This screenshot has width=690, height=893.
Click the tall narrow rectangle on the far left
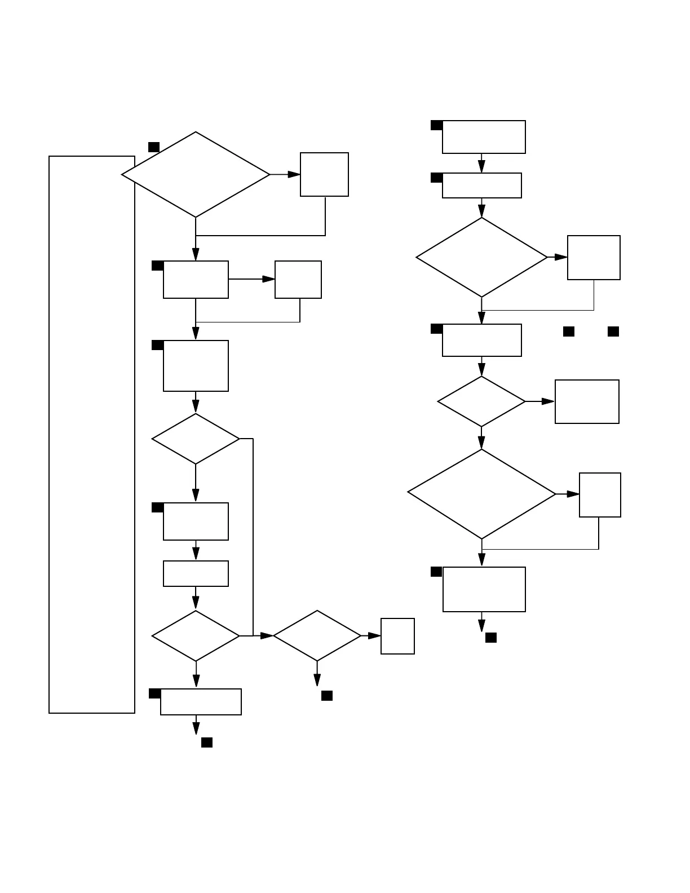click(x=92, y=434)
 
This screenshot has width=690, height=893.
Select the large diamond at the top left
click(x=196, y=175)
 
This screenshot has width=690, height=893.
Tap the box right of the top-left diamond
click(x=324, y=174)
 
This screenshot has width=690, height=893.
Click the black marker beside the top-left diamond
click(x=154, y=147)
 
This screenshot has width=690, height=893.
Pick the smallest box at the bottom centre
click(x=397, y=636)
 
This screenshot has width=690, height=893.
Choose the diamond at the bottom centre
click(x=317, y=635)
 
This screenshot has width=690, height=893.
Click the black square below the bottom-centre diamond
click(x=327, y=696)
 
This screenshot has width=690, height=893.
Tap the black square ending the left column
click(x=207, y=742)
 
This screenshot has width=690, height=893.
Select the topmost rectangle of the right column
click(x=484, y=137)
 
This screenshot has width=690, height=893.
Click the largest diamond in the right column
click(x=481, y=494)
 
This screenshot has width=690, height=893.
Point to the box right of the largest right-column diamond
click(x=600, y=495)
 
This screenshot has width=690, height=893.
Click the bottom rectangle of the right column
click(x=484, y=589)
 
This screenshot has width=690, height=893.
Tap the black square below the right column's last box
click(x=491, y=638)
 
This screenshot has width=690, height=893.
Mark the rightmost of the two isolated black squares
click(x=613, y=331)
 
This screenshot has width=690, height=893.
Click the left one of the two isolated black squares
click(x=569, y=331)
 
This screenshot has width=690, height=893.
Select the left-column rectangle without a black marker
click(x=196, y=573)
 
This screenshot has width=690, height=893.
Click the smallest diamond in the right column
click(x=481, y=401)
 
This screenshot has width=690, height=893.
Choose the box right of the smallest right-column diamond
click(x=587, y=401)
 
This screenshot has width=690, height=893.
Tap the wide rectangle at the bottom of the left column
click(x=201, y=702)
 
